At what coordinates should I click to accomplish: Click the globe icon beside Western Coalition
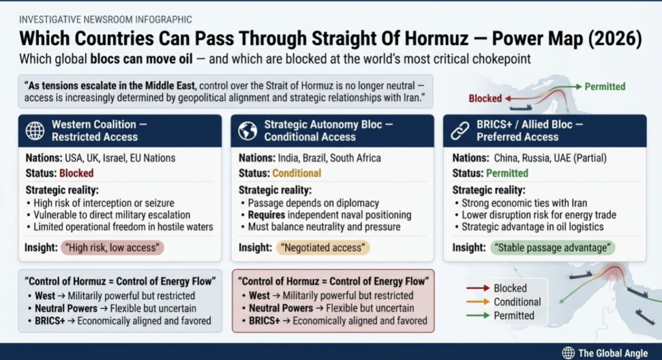coord(35,131)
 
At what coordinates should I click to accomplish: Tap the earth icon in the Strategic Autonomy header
coord(248,131)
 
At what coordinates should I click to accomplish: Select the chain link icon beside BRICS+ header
coord(460,131)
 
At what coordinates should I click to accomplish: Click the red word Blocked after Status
coord(76,173)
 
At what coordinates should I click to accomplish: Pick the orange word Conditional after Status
coord(297,173)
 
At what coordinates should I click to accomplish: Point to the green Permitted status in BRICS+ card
coord(507,173)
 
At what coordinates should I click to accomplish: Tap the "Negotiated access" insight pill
coord(323,248)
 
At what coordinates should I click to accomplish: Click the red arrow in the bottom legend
coord(476,288)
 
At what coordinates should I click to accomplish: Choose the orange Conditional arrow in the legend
coord(476,302)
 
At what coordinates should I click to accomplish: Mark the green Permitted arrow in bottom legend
coord(476,315)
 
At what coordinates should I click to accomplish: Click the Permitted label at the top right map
coord(604,86)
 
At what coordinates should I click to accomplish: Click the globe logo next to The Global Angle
coord(568,352)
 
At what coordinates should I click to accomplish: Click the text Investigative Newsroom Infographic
coord(105,20)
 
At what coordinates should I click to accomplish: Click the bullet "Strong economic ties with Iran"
coord(524,203)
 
